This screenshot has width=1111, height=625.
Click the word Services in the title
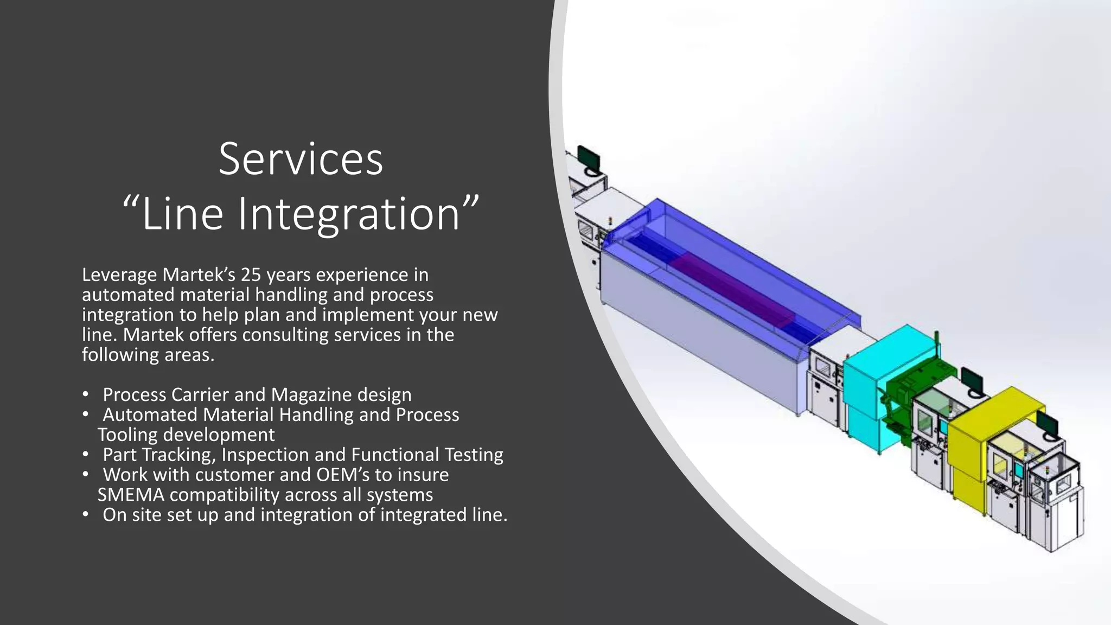[301, 159]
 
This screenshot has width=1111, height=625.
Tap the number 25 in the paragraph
[251, 275]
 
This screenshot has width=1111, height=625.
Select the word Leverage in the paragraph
[119, 275]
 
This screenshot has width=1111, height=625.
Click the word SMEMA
[130, 495]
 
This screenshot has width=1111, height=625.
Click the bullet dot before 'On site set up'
[86, 514]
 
